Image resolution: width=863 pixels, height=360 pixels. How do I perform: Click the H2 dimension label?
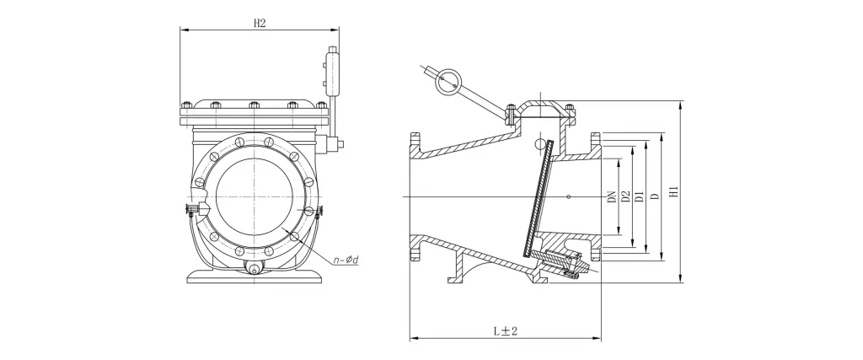[x=260, y=23]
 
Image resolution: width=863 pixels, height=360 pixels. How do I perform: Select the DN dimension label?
[x=611, y=197]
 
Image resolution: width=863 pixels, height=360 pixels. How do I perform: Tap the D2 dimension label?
[x=624, y=196]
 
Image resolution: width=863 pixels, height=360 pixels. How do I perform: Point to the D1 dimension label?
[x=639, y=196]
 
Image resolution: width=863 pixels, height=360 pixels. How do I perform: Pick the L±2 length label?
[x=506, y=330]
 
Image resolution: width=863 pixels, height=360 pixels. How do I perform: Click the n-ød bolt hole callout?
[x=346, y=260]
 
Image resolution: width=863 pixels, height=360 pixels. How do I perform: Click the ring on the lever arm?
[x=448, y=83]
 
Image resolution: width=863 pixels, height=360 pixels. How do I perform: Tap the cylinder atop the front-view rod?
[x=332, y=72]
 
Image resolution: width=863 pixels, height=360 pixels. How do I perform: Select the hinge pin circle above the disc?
[x=540, y=144]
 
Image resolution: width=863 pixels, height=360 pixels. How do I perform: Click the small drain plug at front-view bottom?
[x=253, y=269]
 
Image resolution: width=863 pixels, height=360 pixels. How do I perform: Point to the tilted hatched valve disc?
[x=537, y=196]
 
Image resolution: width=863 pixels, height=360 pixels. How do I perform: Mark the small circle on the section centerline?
[x=569, y=196]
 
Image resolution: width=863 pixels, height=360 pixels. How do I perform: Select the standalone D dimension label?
[x=654, y=196]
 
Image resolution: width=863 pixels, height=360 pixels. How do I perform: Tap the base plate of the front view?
[x=254, y=277]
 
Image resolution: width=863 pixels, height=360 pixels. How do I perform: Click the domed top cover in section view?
[x=541, y=110]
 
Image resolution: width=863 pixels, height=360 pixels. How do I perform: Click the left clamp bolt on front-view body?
[x=192, y=208]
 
